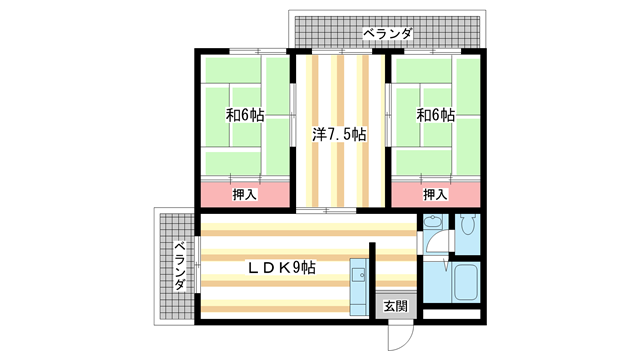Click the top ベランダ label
(x=387, y=34)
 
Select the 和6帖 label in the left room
(x=244, y=115)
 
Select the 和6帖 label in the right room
(x=435, y=115)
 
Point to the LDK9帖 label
(x=282, y=268)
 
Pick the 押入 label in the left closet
(x=244, y=194)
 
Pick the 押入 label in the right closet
(x=434, y=194)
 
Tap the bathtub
(x=467, y=283)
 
